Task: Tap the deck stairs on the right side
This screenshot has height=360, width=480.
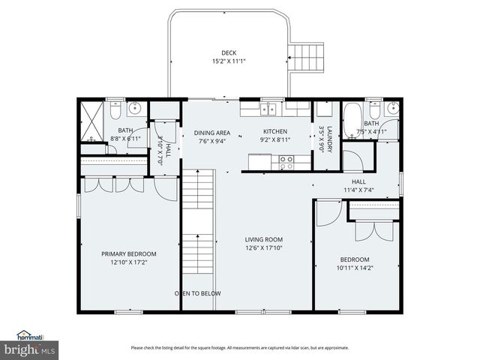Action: (x=309, y=55)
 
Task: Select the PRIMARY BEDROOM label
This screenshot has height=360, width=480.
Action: (x=129, y=253)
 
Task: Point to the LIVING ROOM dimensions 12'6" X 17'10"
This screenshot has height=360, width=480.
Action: (x=263, y=247)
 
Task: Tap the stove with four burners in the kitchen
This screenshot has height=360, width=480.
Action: (x=286, y=159)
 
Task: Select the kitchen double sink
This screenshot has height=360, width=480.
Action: (x=268, y=109)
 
